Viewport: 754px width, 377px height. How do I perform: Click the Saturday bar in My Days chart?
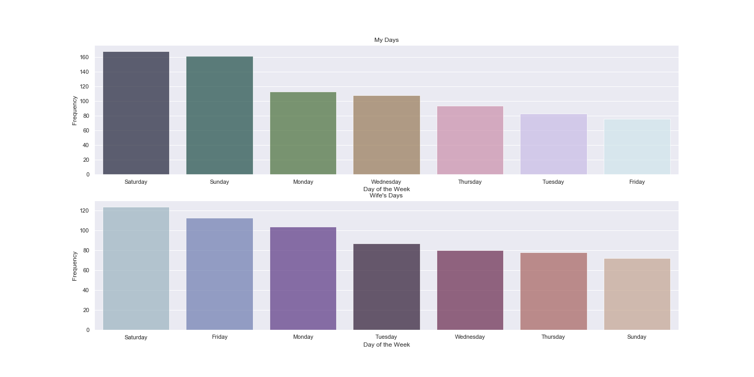click(x=136, y=113)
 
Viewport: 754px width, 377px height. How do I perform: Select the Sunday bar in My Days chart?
click(x=219, y=115)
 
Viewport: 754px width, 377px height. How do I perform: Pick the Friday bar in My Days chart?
click(x=637, y=147)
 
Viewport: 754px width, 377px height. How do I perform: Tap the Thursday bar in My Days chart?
click(x=470, y=140)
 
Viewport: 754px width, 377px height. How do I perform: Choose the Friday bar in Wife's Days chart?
click(x=219, y=274)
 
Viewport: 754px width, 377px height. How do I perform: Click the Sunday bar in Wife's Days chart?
click(x=637, y=294)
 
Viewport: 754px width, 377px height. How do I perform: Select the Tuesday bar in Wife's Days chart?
click(x=386, y=287)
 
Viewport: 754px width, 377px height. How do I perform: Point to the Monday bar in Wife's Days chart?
click(x=303, y=278)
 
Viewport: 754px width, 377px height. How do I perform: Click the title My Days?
click(x=386, y=40)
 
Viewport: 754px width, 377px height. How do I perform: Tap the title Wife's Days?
click(x=386, y=195)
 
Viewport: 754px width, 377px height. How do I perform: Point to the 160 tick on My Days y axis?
click(x=84, y=57)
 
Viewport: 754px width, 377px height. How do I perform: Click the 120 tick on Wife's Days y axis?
click(x=84, y=210)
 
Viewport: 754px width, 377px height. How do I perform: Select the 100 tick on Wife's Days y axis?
click(x=84, y=230)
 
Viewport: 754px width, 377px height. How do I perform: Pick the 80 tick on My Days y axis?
click(x=86, y=116)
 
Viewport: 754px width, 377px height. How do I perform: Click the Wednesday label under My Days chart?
click(x=386, y=182)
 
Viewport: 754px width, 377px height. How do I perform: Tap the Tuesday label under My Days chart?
click(x=553, y=182)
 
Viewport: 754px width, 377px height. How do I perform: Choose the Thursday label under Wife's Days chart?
click(x=553, y=337)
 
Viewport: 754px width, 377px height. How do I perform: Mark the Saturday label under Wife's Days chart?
click(x=136, y=337)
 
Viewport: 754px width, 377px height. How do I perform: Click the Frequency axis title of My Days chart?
click(x=75, y=110)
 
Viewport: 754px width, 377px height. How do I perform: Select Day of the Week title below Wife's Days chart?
click(x=386, y=345)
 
